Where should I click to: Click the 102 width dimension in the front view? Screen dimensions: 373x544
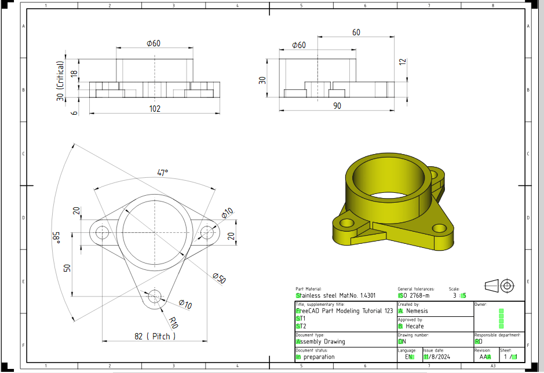[155, 108]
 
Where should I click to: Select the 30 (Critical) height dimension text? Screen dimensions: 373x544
[60, 81]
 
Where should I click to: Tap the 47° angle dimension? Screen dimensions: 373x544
[163, 172]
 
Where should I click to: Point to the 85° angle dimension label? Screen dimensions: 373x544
[56, 237]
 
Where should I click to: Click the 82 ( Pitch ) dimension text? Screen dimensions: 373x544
[155, 336]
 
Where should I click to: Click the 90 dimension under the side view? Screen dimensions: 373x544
[338, 105]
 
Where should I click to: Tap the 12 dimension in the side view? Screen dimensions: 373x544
[403, 62]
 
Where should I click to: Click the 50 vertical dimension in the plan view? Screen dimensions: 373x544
[67, 268]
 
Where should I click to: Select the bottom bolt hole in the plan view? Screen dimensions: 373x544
[155, 298]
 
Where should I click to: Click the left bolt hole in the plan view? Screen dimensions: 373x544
[103, 233]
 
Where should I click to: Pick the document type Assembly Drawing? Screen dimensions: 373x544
[320, 342]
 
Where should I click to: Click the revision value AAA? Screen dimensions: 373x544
[485, 357]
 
